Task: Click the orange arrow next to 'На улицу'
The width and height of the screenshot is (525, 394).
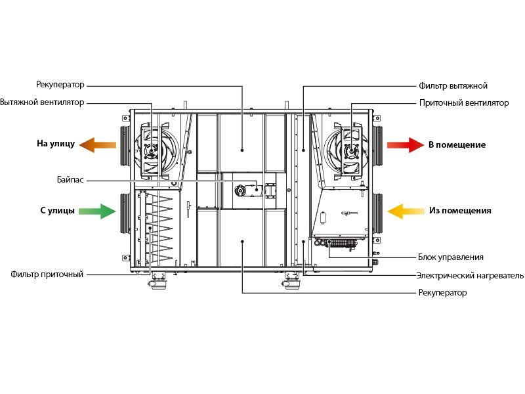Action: (x=98, y=144)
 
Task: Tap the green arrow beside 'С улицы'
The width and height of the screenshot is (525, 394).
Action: (x=97, y=211)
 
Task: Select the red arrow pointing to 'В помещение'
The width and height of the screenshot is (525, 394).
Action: (x=406, y=144)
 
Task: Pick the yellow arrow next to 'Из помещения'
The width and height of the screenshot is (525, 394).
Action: (x=406, y=211)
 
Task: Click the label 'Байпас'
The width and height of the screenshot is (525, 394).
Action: (x=70, y=180)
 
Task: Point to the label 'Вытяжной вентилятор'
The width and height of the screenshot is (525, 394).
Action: (x=42, y=102)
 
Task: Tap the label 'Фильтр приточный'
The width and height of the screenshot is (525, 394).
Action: (x=47, y=274)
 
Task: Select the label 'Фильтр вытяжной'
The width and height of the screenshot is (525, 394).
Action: (x=453, y=86)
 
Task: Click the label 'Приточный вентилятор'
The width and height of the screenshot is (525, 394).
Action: (x=464, y=103)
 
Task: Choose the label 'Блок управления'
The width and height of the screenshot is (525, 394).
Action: (x=451, y=257)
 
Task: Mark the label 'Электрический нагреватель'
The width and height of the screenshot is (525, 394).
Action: (x=470, y=275)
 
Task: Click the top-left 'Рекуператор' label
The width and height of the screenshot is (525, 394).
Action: (x=60, y=85)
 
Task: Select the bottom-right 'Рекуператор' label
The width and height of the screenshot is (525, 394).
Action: (x=442, y=292)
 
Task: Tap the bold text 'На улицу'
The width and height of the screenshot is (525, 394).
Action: (x=56, y=144)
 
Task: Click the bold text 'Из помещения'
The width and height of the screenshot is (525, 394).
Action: (x=461, y=210)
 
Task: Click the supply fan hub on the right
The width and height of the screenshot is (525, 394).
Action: (x=351, y=151)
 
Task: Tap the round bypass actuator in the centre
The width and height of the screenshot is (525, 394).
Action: (x=240, y=190)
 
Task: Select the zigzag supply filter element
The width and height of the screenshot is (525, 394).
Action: (x=162, y=229)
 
